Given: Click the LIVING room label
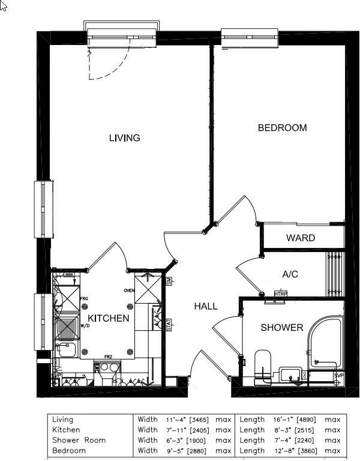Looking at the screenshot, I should [124, 138].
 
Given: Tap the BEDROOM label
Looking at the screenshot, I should [282, 128].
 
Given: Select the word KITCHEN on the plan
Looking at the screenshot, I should [108, 318].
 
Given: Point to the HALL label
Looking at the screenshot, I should [205, 306].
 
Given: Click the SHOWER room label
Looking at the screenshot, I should [281, 328].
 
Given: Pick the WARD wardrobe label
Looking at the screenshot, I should [300, 238].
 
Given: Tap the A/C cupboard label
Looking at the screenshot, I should [290, 274].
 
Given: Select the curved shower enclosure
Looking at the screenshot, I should [324, 342].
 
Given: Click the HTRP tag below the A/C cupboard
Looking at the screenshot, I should [280, 294].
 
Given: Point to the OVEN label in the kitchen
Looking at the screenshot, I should [129, 291].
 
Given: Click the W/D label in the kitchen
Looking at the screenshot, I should [85, 327].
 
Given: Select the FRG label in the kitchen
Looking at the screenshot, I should [84, 298].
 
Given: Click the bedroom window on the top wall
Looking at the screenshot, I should [251, 37].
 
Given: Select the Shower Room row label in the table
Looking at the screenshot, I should [79, 440].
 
